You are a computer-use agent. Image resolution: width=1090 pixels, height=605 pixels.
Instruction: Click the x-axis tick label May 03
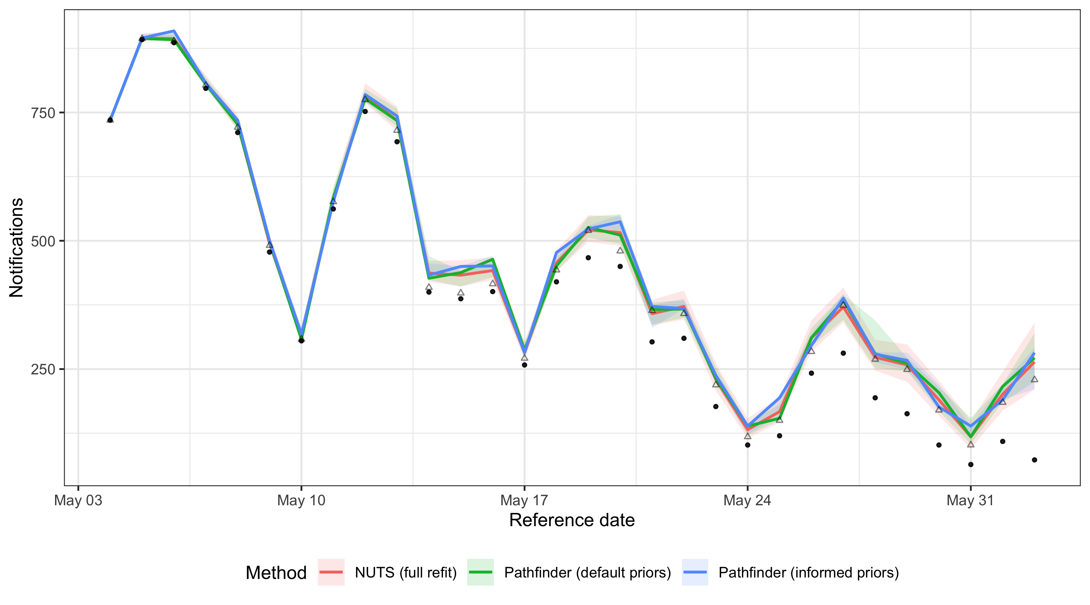click(78, 500)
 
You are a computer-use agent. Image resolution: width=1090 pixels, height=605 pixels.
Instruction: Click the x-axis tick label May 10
click(301, 500)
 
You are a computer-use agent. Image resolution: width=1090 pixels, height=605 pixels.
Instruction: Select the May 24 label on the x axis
click(747, 500)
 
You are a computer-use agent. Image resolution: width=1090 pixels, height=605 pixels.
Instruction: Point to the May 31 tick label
click(970, 500)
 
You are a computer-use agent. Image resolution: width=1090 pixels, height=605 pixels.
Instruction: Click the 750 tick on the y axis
click(43, 113)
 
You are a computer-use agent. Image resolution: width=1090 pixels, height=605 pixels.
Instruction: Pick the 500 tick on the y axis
click(43, 241)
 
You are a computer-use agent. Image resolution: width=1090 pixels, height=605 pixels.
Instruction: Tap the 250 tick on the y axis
click(43, 370)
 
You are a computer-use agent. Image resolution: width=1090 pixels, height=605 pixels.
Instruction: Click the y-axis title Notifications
click(17, 248)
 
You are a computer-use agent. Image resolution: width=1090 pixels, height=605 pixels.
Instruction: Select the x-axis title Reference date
click(572, 520)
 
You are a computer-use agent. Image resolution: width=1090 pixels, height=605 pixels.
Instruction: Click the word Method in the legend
click(276, 573)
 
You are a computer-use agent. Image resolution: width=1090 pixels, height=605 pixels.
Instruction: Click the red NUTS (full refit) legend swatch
click(331, 572)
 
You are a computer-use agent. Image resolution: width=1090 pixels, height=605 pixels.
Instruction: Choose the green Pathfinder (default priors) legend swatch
click(480, 572)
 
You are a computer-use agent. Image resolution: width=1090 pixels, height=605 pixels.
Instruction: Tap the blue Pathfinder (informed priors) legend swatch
click(695, 572)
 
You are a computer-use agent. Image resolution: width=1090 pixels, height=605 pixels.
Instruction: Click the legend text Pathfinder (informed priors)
click(808, 572)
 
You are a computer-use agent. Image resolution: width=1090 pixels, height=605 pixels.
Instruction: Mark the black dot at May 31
click(971, 465)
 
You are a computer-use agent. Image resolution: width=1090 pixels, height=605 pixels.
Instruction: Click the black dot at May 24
click(748, 445)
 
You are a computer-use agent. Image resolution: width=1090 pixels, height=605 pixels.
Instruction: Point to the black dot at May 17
click(524, 365)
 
